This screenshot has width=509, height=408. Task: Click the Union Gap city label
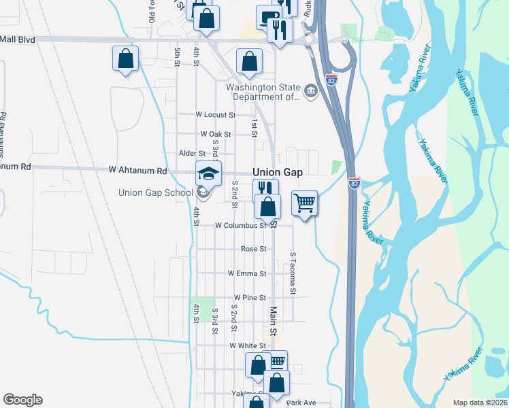(277, 173)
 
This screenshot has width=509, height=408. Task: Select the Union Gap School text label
(155, 192)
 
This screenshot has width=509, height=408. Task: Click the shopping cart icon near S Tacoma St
(304, 203)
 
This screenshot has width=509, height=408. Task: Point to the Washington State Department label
(263, 92)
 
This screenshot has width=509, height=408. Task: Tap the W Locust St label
(215, 115)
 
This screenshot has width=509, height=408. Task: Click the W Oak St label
(216, 135)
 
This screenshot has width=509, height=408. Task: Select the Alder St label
(191, 154)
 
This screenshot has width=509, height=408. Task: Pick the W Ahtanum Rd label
(138, 171)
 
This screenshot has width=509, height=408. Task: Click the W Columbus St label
(241, 225)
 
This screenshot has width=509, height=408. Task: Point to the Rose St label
(254, 249)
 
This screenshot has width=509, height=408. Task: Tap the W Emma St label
(247, 273)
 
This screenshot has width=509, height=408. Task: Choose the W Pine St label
(249, 298)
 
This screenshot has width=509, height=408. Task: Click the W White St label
(247, 345)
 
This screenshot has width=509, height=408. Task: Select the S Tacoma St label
(293, 274)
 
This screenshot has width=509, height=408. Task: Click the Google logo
(22, 400)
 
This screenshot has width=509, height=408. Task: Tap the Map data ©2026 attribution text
(480, 403)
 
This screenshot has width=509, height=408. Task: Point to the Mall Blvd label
(18, 39)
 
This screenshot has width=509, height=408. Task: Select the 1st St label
(254, 128)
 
